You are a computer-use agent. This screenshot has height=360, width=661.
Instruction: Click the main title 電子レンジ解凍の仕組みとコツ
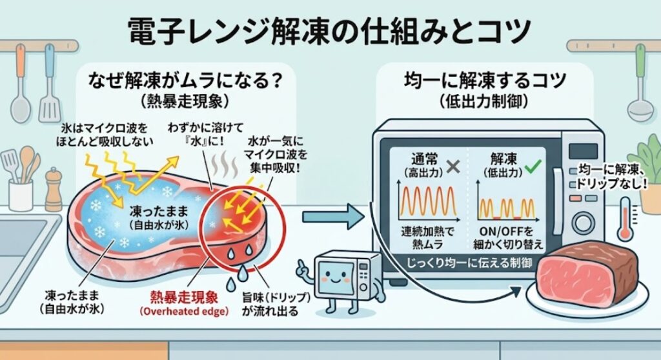[329, 32]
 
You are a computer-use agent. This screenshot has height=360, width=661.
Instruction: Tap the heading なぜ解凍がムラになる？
[185, 80]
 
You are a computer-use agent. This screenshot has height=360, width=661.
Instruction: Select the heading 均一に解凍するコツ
[484, 80]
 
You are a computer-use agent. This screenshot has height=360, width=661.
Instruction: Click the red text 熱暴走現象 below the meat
[184, 297]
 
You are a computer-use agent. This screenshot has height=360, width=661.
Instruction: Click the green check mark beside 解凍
[533, 167]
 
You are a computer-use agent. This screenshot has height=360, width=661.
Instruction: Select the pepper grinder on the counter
[53, 190]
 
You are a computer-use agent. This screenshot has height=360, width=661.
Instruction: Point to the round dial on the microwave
[584, 223]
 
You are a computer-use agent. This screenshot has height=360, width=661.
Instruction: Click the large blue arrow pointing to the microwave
[332, 217]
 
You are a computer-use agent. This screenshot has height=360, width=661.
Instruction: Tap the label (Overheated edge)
[184, 312]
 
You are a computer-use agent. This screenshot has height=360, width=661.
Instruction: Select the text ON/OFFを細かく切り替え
[508, 238]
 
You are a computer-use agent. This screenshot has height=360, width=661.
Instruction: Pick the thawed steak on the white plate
[589, 274]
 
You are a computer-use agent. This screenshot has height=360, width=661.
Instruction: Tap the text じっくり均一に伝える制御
[469, 263]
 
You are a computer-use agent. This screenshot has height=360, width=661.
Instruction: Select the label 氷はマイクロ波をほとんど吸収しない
[105, 134]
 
